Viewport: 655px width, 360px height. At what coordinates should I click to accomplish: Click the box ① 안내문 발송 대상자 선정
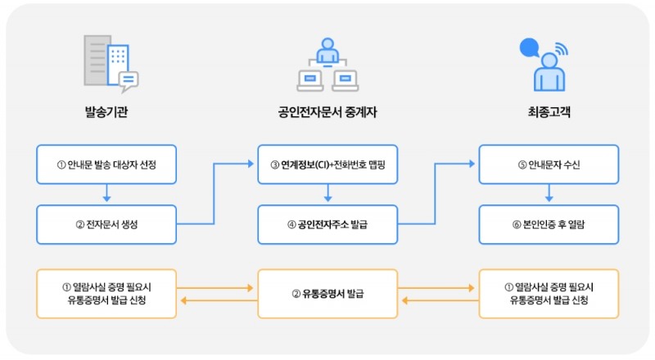(106, 164)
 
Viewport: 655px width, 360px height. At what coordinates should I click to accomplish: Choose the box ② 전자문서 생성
(106, 223)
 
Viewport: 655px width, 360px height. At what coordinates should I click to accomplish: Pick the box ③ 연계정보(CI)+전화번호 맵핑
(327, 164)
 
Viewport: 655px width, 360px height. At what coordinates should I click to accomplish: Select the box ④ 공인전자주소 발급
(327, 223)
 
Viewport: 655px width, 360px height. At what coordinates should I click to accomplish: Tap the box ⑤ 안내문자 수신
(549, 164)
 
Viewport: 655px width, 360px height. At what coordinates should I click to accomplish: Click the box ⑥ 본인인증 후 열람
(549, 223)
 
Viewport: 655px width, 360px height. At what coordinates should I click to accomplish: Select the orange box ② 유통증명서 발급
(327, 294)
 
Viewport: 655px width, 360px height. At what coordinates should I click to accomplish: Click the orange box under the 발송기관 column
(106, 294)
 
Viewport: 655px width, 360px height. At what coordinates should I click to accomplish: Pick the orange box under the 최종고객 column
(549, 294)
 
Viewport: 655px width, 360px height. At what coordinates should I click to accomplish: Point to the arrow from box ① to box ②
(106, 194)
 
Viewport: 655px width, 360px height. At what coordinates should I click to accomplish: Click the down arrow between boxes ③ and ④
(327, 194)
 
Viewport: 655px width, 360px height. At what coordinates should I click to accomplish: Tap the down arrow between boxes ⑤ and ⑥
(549, 194)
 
